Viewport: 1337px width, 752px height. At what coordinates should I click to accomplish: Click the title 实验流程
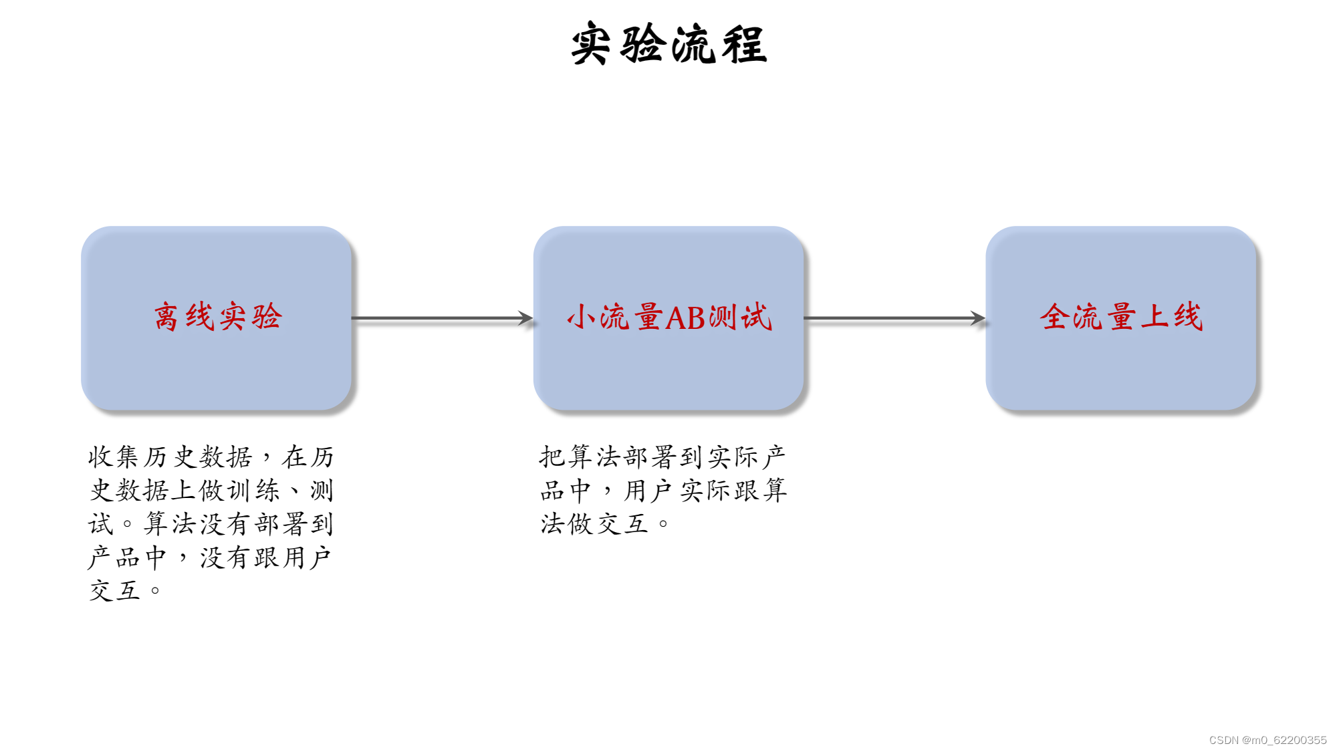tap(668, 44)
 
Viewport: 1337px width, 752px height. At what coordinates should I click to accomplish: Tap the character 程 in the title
tap(744, 44)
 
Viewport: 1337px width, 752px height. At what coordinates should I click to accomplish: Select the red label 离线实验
tap(217, 317)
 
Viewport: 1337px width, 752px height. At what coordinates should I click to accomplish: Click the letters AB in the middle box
tap(685, 318)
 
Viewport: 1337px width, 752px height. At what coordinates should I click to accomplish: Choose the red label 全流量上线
tap(1121, 317)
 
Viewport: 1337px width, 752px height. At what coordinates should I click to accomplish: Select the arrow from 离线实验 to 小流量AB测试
tap(441, 318)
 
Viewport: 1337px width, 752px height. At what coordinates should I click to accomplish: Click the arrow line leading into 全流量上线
tap(889, 318)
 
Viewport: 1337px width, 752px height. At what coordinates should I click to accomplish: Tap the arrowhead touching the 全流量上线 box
tap(978, 318)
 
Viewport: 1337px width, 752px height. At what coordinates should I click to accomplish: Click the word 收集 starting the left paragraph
tap(114, 457)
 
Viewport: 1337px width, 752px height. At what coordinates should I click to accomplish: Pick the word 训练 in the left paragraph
tap(253, 491)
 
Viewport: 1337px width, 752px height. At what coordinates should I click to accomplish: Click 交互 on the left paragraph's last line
tap(114, 591)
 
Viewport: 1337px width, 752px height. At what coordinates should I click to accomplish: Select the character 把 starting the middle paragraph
tap(553, 457)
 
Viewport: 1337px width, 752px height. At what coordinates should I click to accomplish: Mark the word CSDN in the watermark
tap(1223, 740)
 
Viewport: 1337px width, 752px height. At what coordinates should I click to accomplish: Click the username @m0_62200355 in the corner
tap(1284, 740)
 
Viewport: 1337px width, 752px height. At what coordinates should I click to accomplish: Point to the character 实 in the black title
tap(591, 44)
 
